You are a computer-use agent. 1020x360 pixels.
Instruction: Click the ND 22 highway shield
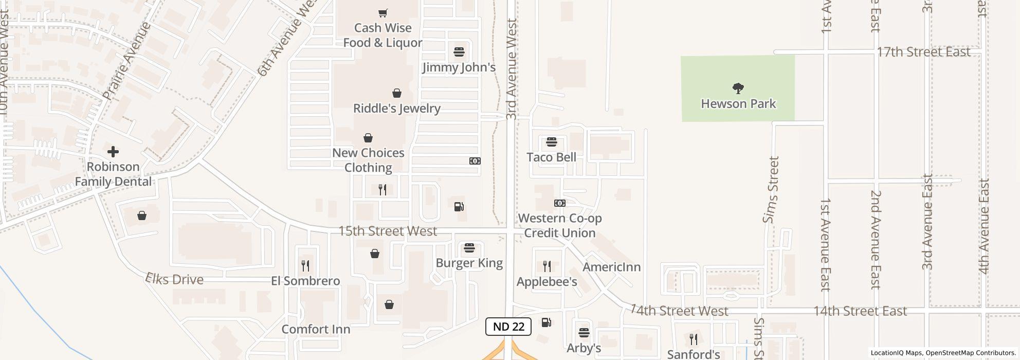508,327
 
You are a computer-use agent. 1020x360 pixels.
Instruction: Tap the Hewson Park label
738,104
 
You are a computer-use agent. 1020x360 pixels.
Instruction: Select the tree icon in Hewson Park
738,88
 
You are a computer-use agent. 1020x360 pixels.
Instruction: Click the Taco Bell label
551,157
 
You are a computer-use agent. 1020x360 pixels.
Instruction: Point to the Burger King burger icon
469,248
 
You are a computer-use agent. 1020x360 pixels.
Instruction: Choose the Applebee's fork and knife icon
547,266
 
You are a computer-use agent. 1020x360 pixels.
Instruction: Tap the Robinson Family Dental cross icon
113,152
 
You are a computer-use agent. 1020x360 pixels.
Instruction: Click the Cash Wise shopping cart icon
383,13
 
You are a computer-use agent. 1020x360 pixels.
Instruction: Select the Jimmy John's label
459,67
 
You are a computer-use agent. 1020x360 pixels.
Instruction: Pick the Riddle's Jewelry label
396,109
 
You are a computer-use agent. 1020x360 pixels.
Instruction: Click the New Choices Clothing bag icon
368,138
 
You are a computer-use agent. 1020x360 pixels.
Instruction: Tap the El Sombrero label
305,281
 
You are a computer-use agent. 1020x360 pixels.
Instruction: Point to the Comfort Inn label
316,329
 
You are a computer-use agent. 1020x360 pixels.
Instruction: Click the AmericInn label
611,267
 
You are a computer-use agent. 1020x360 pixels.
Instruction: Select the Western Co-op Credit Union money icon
560,203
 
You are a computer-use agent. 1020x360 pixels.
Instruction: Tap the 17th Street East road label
923,52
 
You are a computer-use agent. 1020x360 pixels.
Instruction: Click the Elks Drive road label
174,279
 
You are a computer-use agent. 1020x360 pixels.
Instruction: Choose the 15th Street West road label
388,231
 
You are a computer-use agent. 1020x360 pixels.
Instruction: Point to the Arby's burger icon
584,333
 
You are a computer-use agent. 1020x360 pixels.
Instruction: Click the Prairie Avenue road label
126,61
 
